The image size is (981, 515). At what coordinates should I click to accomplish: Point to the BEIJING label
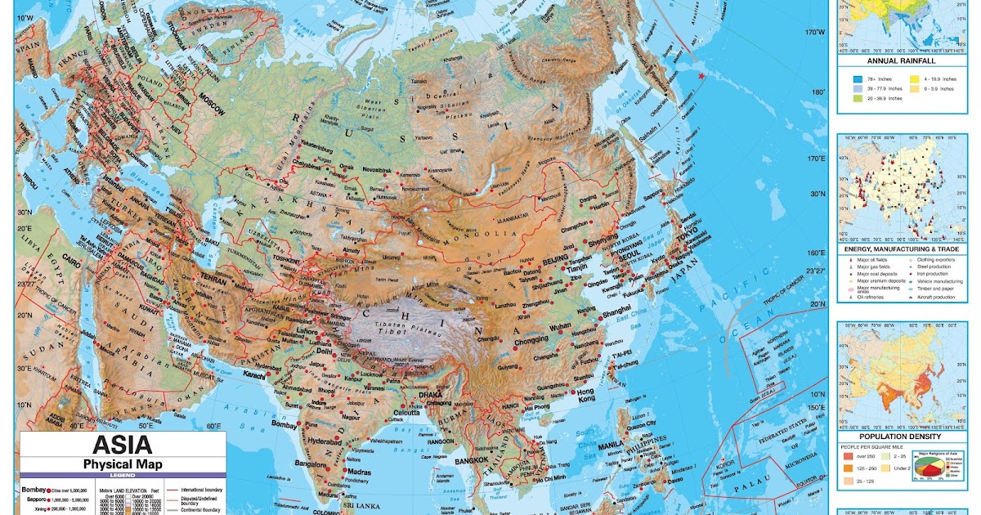[555, 258]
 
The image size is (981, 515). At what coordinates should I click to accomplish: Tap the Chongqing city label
[531, 339]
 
